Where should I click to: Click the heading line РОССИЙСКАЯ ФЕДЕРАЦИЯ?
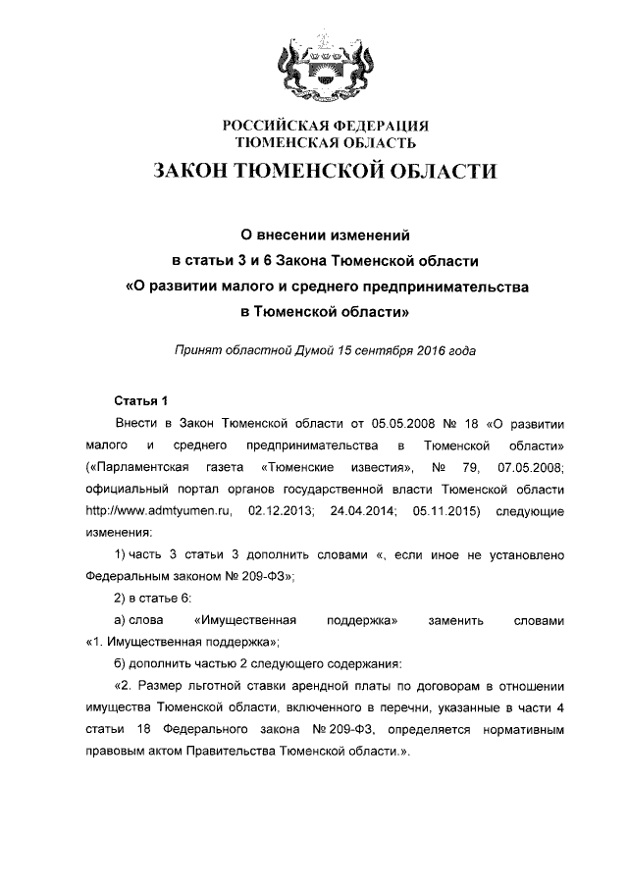point(313,126)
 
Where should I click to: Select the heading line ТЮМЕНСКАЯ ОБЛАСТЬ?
point(313,143)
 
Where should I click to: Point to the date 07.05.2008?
point(531,466)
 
